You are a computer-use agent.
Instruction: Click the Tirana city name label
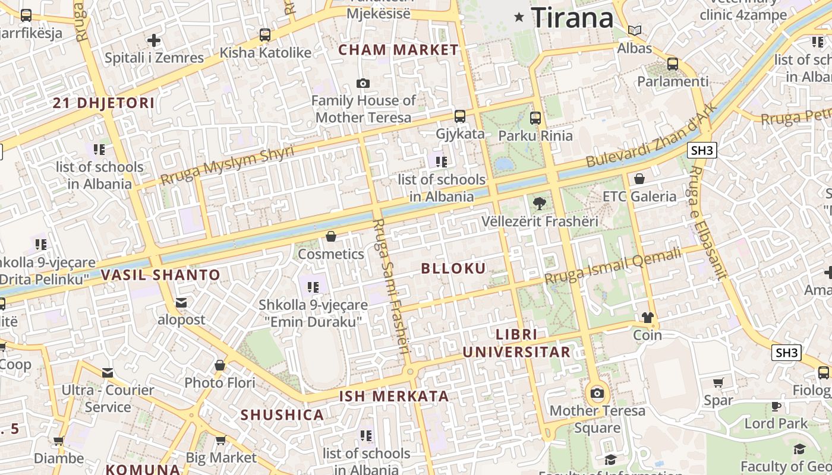click(572, 17)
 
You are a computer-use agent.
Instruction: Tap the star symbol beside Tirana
click(519, 17)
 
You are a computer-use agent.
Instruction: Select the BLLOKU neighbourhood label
click(453, 268)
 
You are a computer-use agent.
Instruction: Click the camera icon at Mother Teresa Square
click(597, 393)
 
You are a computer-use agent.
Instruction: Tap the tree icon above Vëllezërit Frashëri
click(539, 204)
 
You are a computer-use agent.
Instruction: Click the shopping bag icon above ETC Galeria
click(639, 179)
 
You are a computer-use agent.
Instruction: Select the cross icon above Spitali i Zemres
click(154, 40)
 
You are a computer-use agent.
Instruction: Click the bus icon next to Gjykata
click(460, 116)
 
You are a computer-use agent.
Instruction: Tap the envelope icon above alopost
click(181, 303)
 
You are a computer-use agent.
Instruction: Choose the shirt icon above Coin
click(648, 318)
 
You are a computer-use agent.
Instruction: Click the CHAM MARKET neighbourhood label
click(398, 50)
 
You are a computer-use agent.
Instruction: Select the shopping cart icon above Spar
click(718, 383)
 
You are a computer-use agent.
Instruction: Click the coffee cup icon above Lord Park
click(776, 406)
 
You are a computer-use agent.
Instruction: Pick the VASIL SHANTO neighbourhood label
click(160, 275)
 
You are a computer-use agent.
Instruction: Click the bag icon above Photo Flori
click(220, 365)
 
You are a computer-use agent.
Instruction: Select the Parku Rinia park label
click(535, 135)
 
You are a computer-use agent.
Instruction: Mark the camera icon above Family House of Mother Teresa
click(363, 84)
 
